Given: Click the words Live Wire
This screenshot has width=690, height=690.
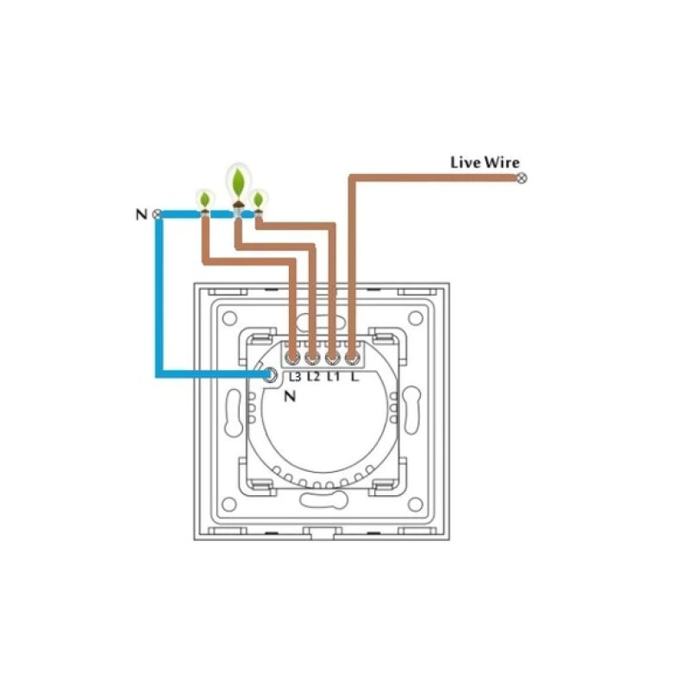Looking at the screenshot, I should (486, 162).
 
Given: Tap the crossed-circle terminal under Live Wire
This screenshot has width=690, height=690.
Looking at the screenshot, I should (521, 179).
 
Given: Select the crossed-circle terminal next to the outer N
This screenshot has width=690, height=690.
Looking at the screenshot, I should (157, 214).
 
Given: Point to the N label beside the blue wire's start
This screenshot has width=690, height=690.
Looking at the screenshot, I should (142, 214).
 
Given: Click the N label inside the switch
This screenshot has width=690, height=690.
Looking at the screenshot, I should (289, 398).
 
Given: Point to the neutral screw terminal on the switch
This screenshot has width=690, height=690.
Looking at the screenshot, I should (271, 375).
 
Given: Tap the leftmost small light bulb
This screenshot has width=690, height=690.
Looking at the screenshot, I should (204, 201).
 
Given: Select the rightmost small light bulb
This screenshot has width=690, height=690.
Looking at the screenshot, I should (258, 201).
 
